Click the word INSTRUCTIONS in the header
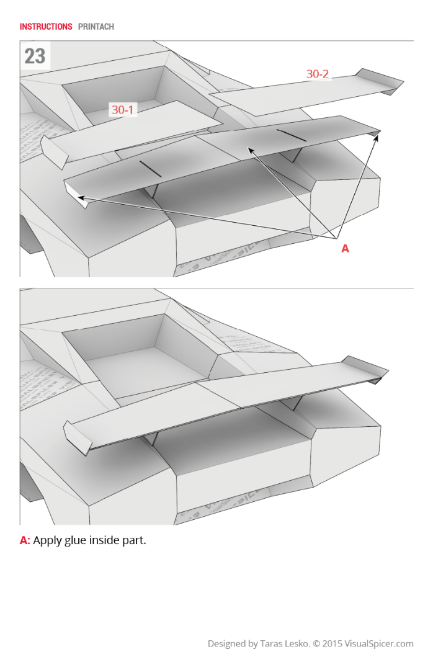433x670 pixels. coord(46,27)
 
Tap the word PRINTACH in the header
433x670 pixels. coord(96,27)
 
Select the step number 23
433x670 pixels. coord(35,56)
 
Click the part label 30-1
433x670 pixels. coord(122,110)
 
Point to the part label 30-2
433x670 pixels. coord(318,74)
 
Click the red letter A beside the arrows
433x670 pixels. coord(346,249)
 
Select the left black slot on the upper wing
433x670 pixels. coord(150,168)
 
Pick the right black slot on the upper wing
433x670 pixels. coord(291,136)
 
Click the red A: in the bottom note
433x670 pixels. coord(25,540)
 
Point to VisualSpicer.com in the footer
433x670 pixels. coord(379,643)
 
